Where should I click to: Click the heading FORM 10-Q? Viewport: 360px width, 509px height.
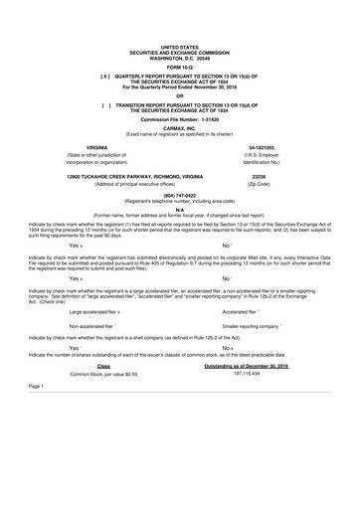tap(179, 67)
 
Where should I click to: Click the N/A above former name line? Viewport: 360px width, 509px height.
tap(179, 207)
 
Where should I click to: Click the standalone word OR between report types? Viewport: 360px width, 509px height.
tap(179, 95)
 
